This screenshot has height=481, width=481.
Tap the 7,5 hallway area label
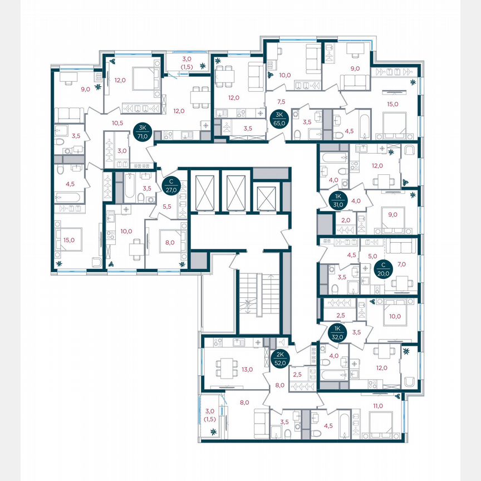[x=281, y=101]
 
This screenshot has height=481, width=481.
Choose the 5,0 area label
[x=372, y=257]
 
